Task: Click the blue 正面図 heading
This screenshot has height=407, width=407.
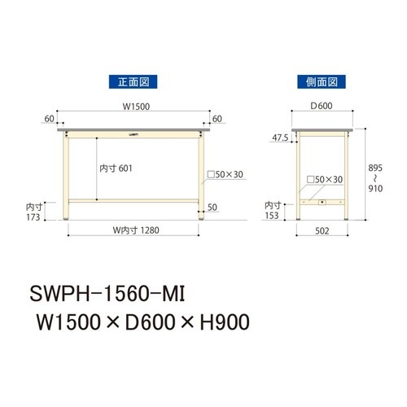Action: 133,81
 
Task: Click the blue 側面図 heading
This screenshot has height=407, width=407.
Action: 322,81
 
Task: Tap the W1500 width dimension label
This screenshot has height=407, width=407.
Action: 136,107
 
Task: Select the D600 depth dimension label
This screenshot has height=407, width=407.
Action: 322,106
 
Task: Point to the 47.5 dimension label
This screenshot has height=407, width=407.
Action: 280,138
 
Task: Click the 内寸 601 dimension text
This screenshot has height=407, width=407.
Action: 116,168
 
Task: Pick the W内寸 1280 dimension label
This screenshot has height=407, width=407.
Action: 136,230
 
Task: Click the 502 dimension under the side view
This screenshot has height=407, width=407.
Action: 322,231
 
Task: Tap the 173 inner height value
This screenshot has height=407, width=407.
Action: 33,217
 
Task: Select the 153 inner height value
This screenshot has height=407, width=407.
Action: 272,216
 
